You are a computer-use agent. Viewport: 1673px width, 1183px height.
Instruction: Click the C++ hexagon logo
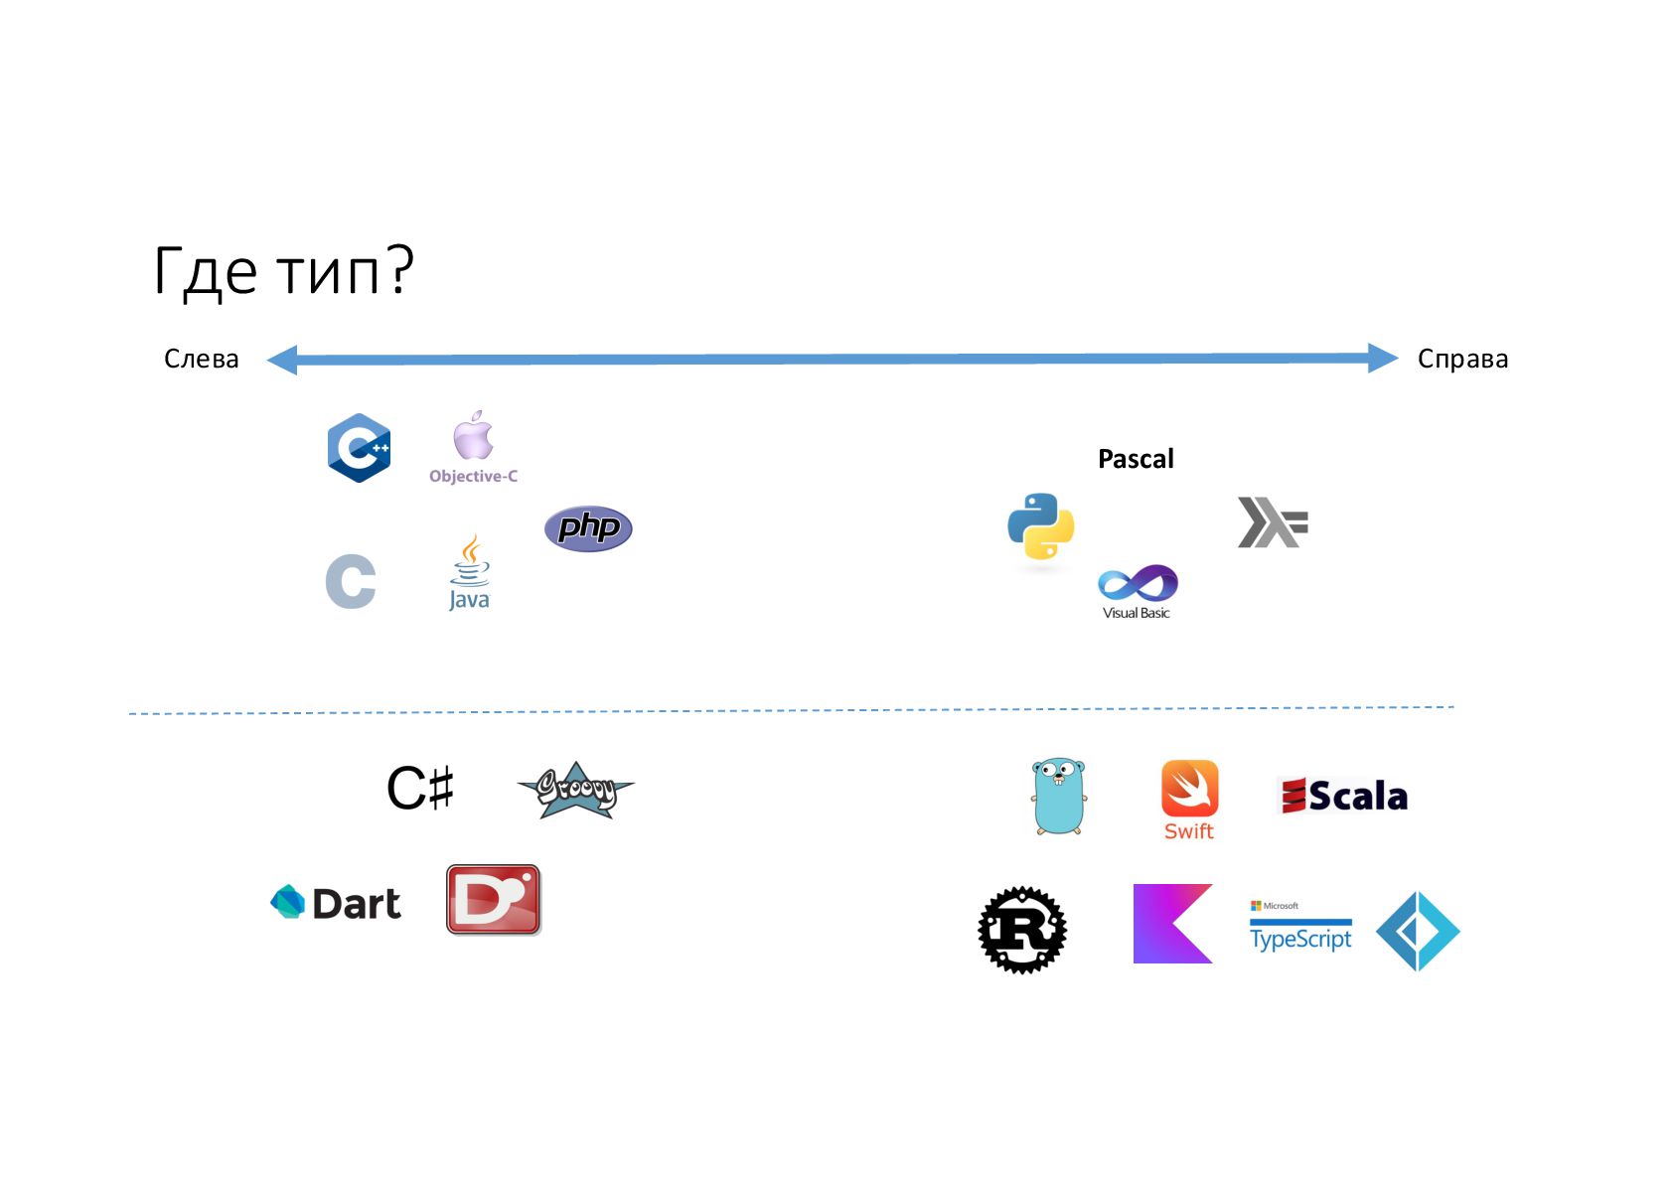(359, 448)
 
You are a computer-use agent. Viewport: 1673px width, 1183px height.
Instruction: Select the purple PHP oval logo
(588, 527)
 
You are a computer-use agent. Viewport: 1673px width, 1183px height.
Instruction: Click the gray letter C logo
(351, 581)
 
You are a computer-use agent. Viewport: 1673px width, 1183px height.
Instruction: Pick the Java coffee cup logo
(470, 572)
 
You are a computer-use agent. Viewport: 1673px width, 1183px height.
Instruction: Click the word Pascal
(1136, 459)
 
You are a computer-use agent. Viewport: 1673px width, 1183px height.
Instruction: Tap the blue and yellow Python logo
(1040, 526)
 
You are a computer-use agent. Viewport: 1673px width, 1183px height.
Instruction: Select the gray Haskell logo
(1272, 522)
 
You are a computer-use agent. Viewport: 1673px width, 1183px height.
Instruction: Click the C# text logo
(420, 789)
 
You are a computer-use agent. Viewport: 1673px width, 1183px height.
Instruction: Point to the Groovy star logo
(576, 792)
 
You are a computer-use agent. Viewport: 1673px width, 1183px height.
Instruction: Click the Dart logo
(336, 903)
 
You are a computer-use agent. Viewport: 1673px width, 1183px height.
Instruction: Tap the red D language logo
(494, 899)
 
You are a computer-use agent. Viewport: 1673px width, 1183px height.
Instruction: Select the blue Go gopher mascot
(1058, 797)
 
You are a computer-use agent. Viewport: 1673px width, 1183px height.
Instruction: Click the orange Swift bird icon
(1189, 789)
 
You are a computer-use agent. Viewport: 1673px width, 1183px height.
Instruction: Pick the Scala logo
(1342, 796)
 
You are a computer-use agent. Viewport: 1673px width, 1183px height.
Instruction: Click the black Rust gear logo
(1022, 930)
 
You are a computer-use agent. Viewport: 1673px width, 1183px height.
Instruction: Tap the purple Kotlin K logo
(1172, 924)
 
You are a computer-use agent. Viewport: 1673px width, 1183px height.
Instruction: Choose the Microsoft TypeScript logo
(1300, 930)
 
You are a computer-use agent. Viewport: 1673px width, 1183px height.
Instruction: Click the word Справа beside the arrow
(1462, 359)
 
